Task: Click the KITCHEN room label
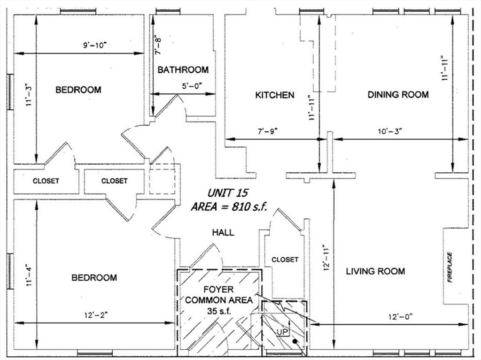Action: click(x=274, y=95)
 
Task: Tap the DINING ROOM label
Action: click(x=398, y=94)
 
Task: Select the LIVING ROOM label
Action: click(x=375, y=271)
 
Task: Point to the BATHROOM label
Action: click(x=183, y=70)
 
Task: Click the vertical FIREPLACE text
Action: click(x=450, y=267)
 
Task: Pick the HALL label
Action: click(x=223, y=232)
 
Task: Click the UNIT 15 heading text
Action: click(x=228, y=193)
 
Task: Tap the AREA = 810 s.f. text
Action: click(x=229, y=207)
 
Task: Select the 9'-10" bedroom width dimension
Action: click(x=95, y=46)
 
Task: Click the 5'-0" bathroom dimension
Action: click(x=193, y=86)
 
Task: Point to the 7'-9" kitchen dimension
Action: click(x=267, y=131)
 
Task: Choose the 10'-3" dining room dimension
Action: click(x=390, y=131)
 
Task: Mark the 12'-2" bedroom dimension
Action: click(x=96, y=315)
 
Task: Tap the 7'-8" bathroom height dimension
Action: click(x=158, y=46)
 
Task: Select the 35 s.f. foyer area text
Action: click(x=219, y=311)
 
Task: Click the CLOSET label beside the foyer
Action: click(x=285, y=260)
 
